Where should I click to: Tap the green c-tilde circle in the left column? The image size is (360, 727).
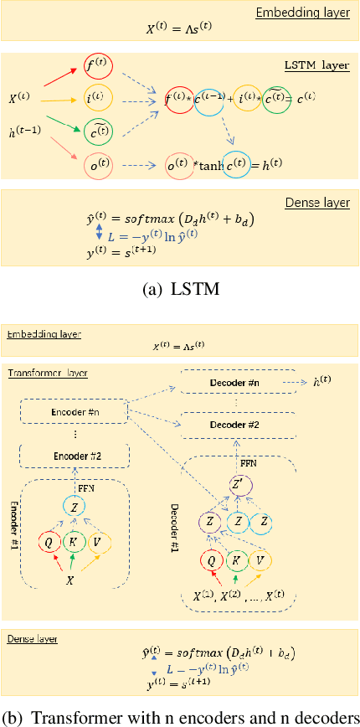(x=99, y=130)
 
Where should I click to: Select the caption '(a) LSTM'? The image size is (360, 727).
(x=179, y=289)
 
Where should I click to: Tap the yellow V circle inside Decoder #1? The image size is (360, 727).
(x=264, y=559)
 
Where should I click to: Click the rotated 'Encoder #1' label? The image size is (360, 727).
(x=14, y=532)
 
